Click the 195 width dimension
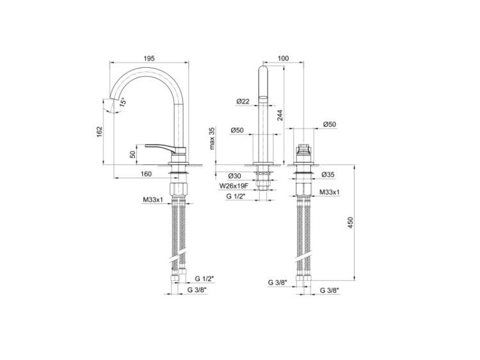click(x=149, y=58)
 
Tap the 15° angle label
click(x=122, y=102)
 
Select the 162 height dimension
click(x=99, y=132)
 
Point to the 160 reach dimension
click(x=147, y=174)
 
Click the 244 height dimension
click(x=280, y=114)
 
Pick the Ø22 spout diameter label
click(x=243, y=101)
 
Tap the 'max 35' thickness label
click(x=212, y=138)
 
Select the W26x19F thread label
click(x=233, y=185)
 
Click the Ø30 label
click(x=234, y=176)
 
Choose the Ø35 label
click(x=328, y=175)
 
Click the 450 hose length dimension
click(x=351, y=223)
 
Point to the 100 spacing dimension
click(x=283, y=58)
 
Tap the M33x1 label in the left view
click(x=153, y=200)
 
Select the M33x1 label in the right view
click(x=330, y=192)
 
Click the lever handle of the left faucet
click(x=163, y=148)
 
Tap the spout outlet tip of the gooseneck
click(x=114, y=99)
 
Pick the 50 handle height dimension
click(x=133, y=154)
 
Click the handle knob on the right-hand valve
click(x=303, y=149)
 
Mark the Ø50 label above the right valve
click(x=330, y=124)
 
